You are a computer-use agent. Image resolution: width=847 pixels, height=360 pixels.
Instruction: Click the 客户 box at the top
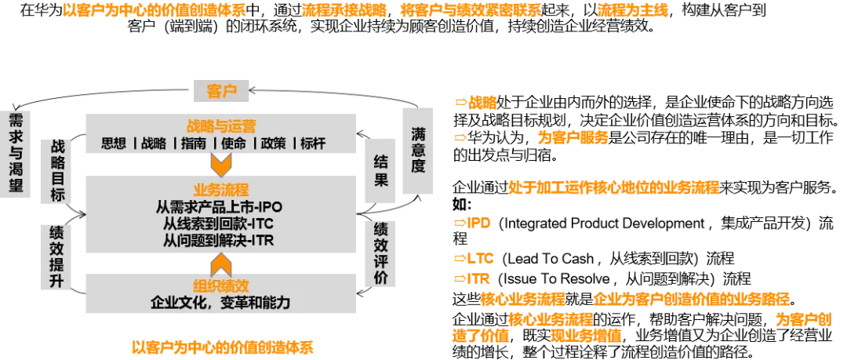point(220,91)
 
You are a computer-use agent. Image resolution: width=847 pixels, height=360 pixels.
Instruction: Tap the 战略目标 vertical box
point(57,170)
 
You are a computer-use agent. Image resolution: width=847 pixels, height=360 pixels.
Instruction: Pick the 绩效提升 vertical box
point(56,256)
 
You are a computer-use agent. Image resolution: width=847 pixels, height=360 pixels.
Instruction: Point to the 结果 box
point(380,171)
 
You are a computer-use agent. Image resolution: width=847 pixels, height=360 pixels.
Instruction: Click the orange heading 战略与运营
point(221,126)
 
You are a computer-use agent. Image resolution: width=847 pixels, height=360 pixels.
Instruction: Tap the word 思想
point(114,144)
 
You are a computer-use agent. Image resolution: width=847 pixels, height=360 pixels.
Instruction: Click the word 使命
point(233,144)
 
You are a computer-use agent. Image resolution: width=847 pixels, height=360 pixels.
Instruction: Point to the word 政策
point(273,144)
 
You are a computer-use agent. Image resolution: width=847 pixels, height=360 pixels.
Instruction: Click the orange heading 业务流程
point(220,190)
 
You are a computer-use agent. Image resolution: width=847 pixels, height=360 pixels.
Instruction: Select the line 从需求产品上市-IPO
point(219,207)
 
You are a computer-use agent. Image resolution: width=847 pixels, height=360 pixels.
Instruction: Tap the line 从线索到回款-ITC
point(219,224)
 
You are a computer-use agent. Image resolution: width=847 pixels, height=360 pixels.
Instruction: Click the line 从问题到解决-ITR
point(219,240)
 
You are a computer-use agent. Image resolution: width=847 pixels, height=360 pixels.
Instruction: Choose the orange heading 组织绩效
point(220,285)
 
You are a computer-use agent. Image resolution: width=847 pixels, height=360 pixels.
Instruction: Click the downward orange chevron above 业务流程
point(221,165)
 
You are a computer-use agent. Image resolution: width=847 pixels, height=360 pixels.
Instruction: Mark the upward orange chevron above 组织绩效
point(221,264)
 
